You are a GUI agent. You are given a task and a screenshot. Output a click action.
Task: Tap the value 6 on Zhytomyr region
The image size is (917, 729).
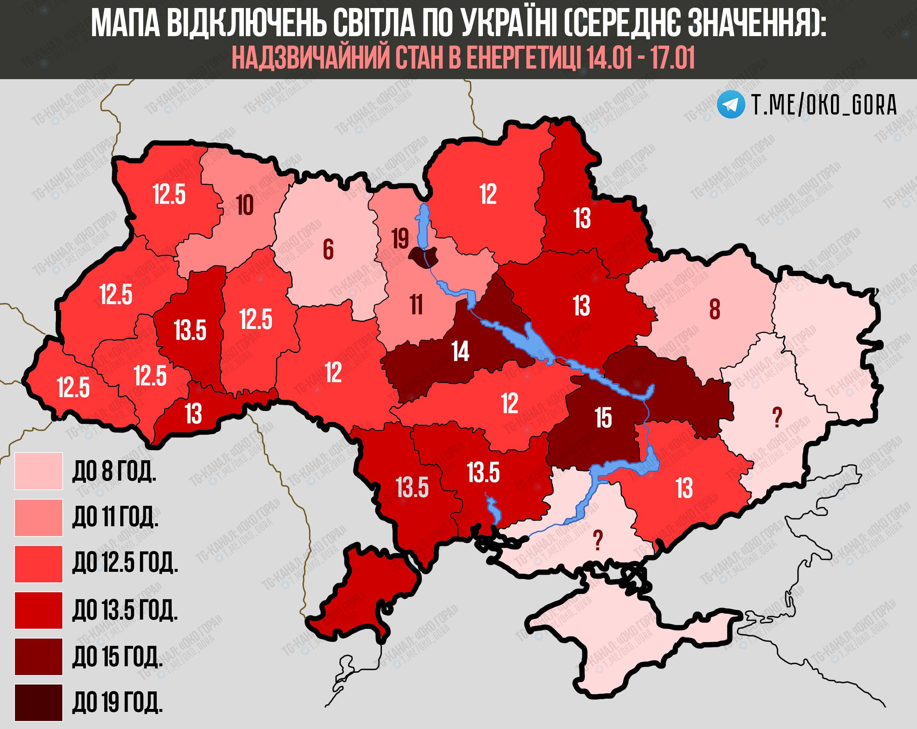point(328,249)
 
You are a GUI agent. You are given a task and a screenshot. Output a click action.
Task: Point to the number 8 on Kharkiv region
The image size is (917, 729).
point(715,309)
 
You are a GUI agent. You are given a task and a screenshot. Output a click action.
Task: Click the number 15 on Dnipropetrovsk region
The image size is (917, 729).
point(603,418)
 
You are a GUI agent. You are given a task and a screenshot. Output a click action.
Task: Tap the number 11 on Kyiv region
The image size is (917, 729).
point(416,305)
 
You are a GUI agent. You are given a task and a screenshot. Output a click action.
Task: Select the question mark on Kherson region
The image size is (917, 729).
point(598,540)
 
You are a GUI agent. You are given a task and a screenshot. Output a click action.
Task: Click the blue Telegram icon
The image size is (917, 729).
point(731,104)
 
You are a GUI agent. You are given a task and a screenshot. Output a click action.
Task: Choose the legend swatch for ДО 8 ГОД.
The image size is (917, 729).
point(38,471)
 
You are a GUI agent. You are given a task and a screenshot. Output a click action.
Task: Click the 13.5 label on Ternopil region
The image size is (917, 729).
point(190,330)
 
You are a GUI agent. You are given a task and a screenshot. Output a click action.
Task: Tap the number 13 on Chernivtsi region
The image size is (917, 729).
point(193,413)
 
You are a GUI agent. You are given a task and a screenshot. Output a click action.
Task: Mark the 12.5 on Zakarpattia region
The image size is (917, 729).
point(73,387)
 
